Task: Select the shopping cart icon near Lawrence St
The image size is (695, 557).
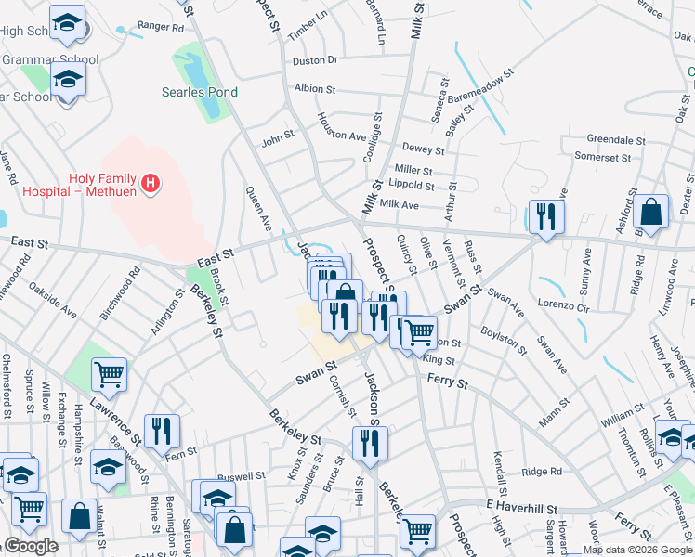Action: tap(110, 374)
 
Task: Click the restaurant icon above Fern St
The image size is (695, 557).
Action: tap(163, 430)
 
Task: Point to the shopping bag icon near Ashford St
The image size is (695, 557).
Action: tap(651, 212)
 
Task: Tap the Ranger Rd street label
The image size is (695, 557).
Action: tap(161, 28)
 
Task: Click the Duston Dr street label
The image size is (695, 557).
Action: tap(315, 60)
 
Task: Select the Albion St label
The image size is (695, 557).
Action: tap(314, 89)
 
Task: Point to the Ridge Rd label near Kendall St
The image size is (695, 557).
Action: tap(542, 472)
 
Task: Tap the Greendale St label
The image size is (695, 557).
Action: tap(616, 140)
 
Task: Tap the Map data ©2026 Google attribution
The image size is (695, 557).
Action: tap(637, 550)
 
